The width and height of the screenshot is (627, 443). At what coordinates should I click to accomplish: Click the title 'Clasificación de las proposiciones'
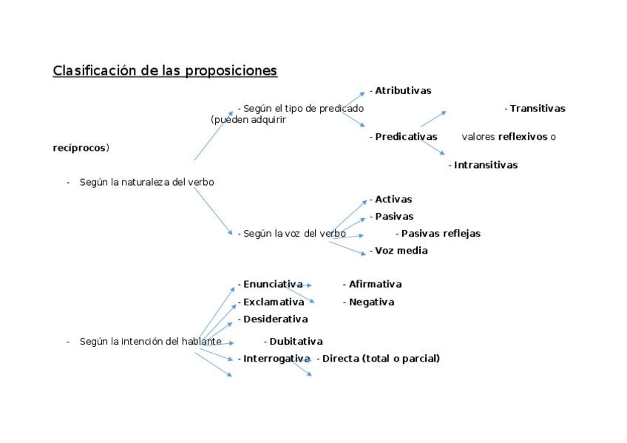pos(165,71)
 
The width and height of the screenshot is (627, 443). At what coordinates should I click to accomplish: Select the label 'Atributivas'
pos(403,91)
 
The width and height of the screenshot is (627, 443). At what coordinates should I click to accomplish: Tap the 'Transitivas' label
pos(538,109)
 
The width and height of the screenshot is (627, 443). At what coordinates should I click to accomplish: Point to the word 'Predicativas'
pos(406,137)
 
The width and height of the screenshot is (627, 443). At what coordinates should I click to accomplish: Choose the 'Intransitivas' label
pos(486,166)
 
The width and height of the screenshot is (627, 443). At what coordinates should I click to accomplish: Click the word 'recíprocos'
pos(80,148)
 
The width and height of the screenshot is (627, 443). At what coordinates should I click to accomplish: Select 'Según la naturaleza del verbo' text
pos(146,182)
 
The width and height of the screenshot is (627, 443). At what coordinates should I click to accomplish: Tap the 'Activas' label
pos(393,200)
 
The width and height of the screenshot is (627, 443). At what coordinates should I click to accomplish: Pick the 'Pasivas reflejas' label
pos(441,234)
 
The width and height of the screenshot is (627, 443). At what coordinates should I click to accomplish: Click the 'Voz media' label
pos(401,251)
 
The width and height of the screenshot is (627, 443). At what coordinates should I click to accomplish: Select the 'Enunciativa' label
pos(273,284)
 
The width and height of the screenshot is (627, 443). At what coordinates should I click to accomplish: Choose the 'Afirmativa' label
pos(375,284)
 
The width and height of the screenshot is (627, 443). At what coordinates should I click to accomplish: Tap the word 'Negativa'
pos(371,302)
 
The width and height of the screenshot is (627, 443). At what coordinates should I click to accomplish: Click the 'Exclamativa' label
pos(274,302)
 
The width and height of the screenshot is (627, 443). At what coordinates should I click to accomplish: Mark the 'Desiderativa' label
pos(275,319)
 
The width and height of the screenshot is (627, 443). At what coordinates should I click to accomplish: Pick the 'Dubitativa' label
pos(296,342)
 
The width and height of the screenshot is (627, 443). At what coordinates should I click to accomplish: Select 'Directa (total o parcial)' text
pos(381,359)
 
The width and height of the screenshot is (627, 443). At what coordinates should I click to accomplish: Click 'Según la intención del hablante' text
pos(150,342)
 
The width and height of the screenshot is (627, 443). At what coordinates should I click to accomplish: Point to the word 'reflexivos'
pos(523,137)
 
